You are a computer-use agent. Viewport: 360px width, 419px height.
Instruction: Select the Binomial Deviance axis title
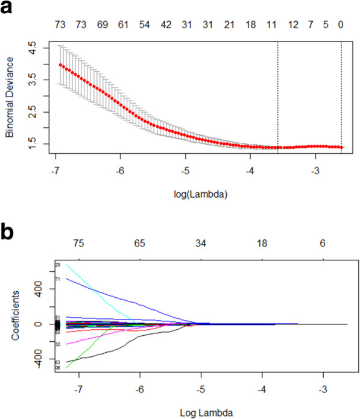tap(10, 98)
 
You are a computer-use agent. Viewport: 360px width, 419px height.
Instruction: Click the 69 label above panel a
tap(103, 26)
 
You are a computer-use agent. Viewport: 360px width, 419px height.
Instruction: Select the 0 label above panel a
tap(341, 26)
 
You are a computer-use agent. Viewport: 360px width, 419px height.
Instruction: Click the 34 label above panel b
tap(201, 243)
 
